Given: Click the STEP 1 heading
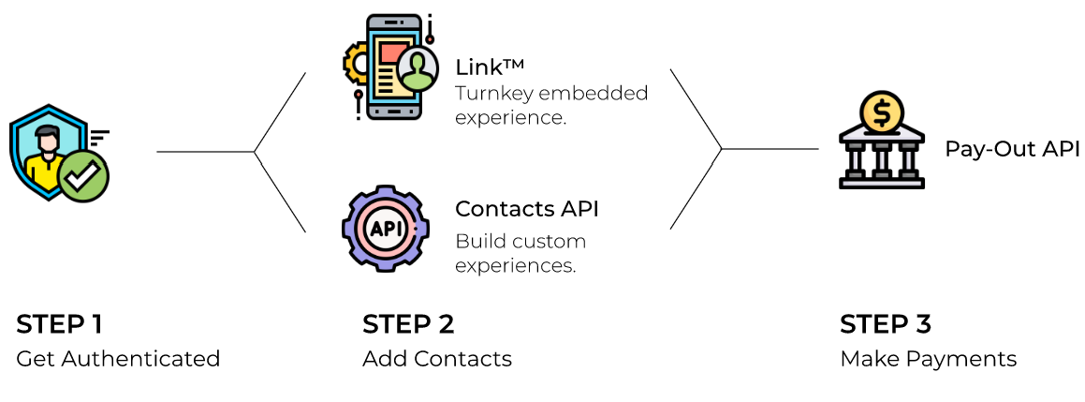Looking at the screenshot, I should pyautogui.click(x=59, y=324).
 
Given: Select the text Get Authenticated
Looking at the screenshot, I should pyautogui.click(x=118, y=358).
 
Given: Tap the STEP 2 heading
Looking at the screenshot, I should pyautogui.click(x=408, y=324).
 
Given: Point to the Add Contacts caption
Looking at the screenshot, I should pyautogui.click(x=437, y=358).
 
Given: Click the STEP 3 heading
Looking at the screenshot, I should pyautogui.click(x=886, y=324).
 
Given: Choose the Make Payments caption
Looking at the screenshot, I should pyautogui.click(x=928, y=358).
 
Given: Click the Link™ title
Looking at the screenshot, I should pyautogui.click(x=489, y=67).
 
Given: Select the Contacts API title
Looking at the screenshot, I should pyautogui.click(x=526, y=208).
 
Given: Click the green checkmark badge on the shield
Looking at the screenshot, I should pyautogui.click(x=83, y=175).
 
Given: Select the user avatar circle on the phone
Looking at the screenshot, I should pyautogui.click(x=417, y=69).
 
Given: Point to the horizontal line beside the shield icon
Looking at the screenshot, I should pyautogui.click(x=205, y=152).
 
